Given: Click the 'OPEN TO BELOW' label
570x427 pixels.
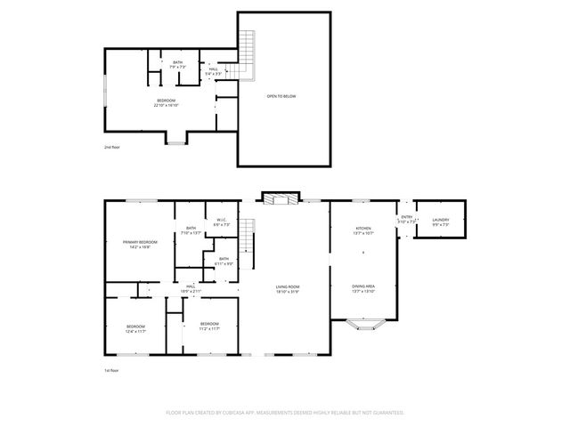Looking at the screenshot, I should coord(281,95).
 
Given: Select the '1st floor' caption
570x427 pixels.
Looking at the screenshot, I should coord(110,369).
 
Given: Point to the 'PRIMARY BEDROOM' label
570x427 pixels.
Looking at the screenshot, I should coord(140,243).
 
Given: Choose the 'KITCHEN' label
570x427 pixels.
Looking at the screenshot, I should coord(362,230).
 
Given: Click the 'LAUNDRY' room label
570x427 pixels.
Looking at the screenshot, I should coord(441,221).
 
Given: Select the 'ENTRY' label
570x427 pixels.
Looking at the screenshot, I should coord(406,218).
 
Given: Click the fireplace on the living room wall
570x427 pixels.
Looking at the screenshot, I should coord(281,197).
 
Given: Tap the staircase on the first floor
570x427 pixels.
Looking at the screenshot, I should coord(250,236).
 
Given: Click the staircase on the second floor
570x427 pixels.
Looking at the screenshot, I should coord(248,44).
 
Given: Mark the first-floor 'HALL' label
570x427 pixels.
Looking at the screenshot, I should coord(191,288).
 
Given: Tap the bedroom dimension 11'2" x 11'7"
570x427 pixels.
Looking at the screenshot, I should coord(209,326).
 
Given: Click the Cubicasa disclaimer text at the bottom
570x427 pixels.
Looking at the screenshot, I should coord(285,413).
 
